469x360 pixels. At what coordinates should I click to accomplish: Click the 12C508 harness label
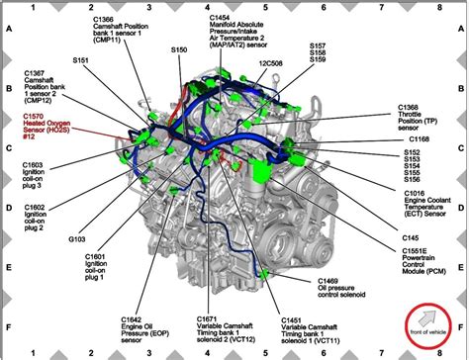271,63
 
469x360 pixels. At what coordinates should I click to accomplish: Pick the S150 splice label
178,47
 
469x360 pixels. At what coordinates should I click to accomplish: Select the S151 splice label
82,59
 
